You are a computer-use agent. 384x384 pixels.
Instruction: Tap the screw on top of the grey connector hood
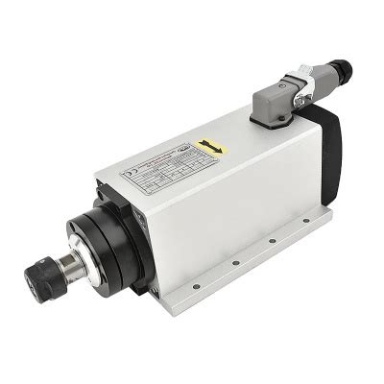[266, 85]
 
